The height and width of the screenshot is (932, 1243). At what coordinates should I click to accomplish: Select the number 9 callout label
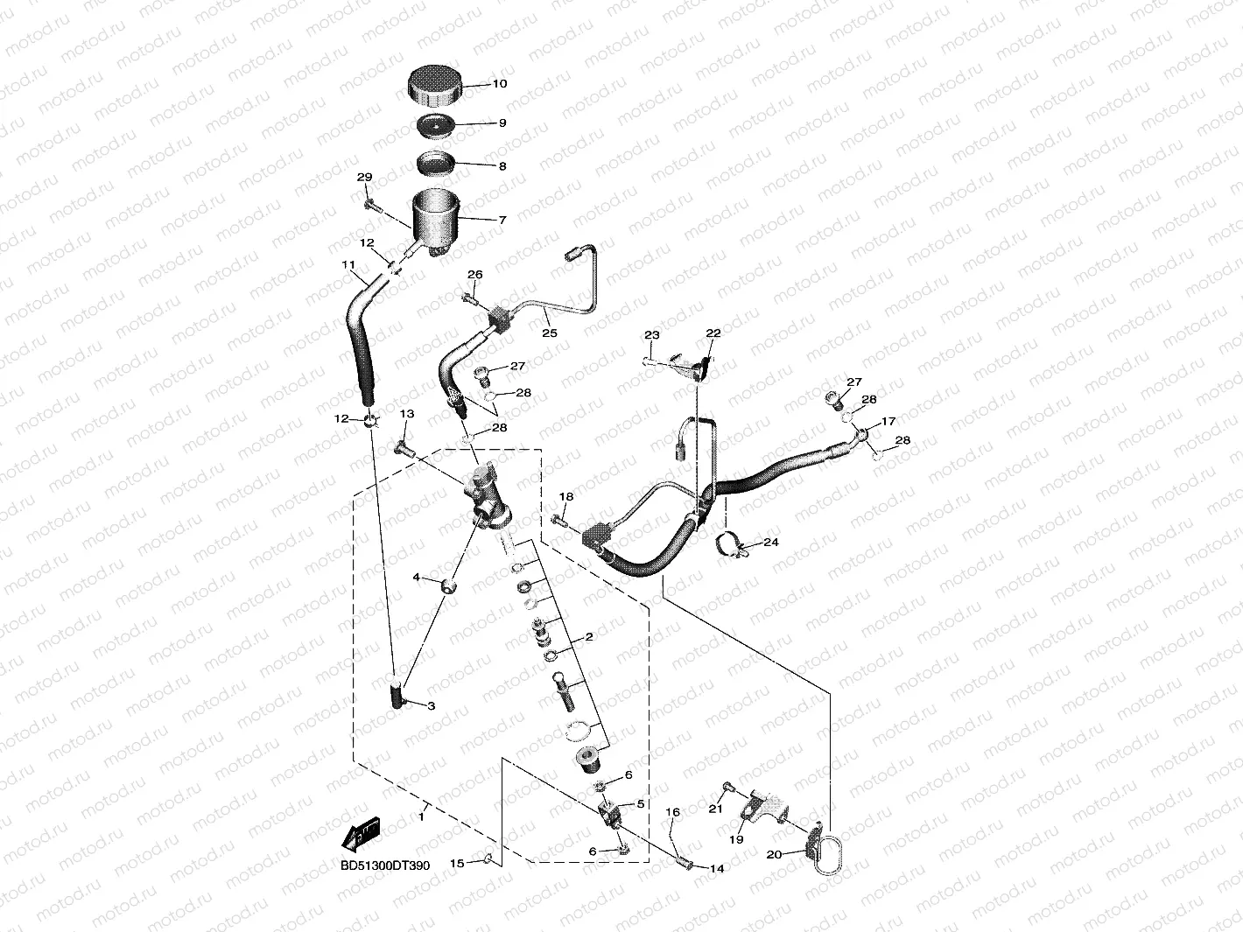502,123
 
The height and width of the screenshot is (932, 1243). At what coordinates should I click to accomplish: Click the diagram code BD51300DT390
385,865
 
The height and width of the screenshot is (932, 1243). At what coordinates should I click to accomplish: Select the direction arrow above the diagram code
361,835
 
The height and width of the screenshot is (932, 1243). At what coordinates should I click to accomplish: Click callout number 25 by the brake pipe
549,333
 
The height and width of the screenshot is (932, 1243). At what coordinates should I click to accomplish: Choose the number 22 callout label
713,333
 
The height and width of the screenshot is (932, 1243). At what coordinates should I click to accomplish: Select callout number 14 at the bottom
717,869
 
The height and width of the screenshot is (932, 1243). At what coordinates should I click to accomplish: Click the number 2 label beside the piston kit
589,637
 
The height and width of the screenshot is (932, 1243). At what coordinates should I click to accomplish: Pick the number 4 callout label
417,578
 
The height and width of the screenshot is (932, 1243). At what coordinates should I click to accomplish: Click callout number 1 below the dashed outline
421,816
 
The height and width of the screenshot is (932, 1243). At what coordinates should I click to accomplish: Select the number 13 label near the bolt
406,414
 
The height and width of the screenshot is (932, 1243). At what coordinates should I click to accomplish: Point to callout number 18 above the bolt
566,497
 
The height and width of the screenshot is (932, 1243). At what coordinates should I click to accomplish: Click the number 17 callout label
888,422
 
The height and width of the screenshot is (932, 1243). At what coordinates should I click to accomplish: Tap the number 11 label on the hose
348,264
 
